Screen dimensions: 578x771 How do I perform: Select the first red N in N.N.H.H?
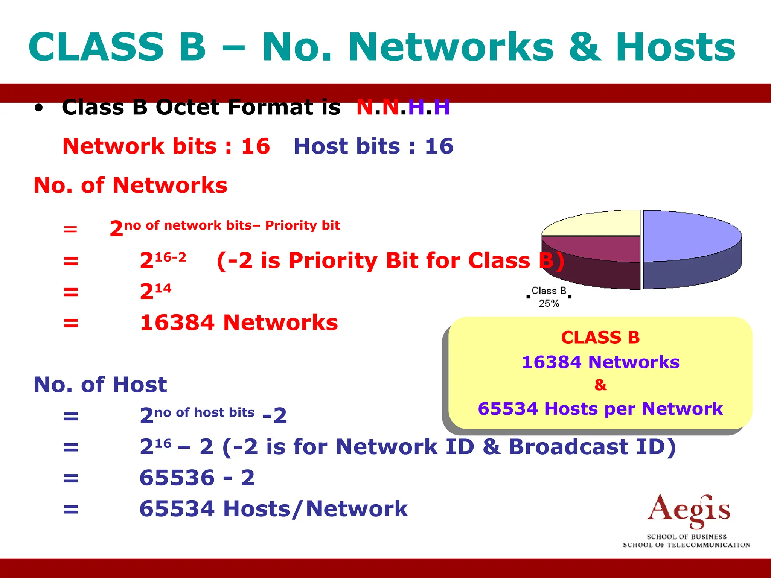(x=364, y=108)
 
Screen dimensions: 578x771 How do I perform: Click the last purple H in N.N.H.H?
(x=442, y=108)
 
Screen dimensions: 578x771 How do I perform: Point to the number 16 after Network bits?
(x=256, y=146)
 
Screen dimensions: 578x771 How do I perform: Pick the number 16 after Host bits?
(x=439, y=146)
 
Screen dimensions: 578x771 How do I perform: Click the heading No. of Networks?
(x=130, y=185)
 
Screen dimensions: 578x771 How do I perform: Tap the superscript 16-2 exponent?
(x=171, y=257)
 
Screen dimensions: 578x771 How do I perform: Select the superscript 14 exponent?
(x=163, y=289)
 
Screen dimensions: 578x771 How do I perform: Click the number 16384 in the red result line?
(x=177, y=323)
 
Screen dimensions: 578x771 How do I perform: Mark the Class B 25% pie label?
(x=549, y=297)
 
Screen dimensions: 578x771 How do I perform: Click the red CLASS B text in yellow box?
(x=600, y=337)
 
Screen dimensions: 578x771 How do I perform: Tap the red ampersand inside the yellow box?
(x=600, y=385)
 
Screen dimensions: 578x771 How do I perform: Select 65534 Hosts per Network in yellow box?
(x=600, y=409)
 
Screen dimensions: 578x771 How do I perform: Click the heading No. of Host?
(x=100, y=385)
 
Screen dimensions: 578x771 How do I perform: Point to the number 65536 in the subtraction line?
(x=177, y=478)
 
